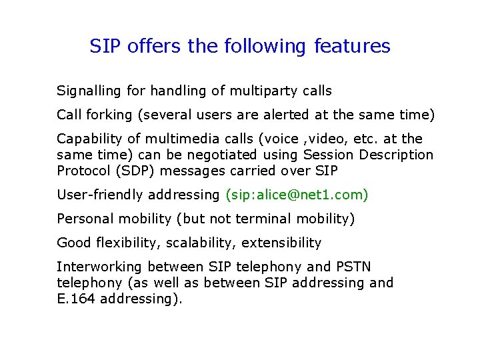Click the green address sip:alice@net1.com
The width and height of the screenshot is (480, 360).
(297, 195)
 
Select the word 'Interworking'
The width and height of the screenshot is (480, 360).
(99, 267)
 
